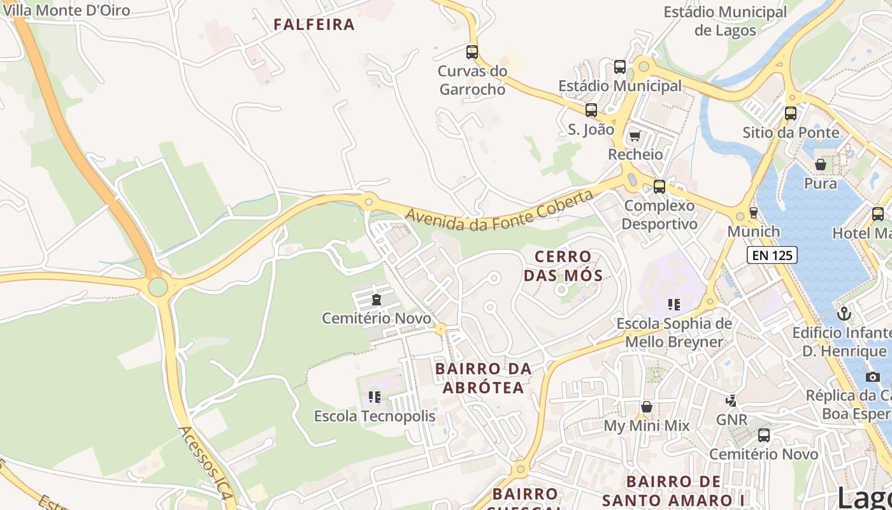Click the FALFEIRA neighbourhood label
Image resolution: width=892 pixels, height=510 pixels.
tap(313, 25)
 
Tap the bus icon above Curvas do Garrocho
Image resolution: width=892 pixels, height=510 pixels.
tap(472, 52)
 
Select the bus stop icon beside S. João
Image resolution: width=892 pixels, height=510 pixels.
tap(591, 110)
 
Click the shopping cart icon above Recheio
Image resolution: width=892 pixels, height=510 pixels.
tap(635, 136)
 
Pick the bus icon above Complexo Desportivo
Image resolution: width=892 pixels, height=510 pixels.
tap(659, 187)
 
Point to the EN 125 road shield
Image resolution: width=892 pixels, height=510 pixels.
tap(772, 256)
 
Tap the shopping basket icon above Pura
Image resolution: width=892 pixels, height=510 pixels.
tap(821, 165)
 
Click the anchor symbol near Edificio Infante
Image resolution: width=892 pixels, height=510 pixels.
tap(844, 314)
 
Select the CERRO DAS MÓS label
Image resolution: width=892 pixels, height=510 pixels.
tap(563, 266)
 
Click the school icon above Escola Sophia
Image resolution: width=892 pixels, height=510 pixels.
tap(674, 305)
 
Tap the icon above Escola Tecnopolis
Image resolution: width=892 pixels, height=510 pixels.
tap(375, 397)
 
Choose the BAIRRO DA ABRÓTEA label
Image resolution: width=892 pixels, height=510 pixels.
tap(483, 378)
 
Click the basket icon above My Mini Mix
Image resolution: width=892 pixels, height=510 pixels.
tap(647, 407)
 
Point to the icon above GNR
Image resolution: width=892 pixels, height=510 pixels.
tap(731, 401)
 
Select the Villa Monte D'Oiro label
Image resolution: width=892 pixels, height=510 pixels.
tap(66, 10)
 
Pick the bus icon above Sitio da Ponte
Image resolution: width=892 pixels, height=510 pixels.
tap(791, 113)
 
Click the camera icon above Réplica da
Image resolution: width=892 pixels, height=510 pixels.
tap(872, 377)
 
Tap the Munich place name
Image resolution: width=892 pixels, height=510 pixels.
tap(754, 231)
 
